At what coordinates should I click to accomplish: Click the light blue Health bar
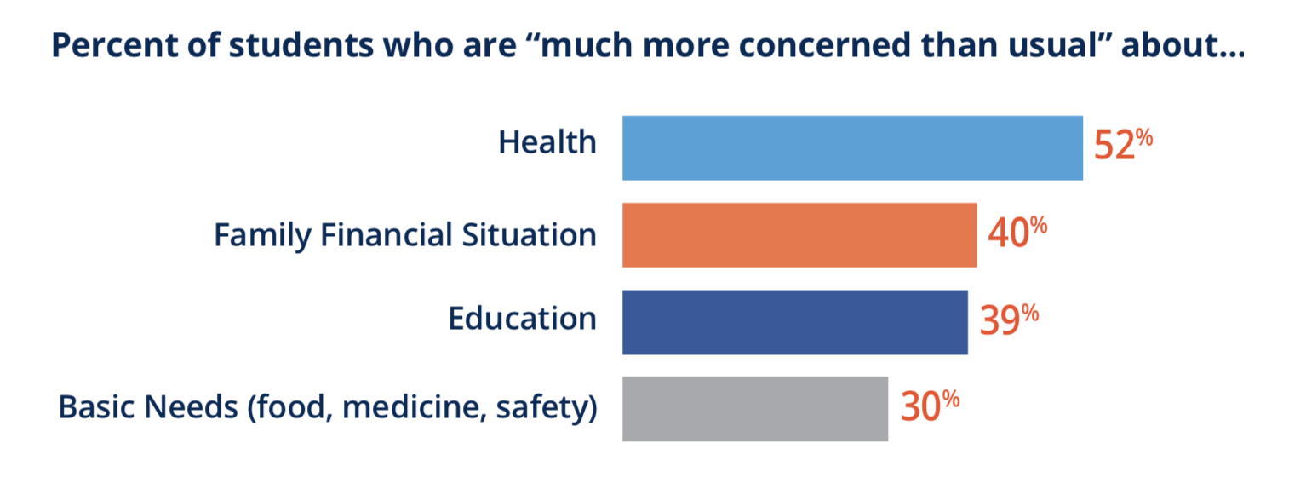coord(852,147)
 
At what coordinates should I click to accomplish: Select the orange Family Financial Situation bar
coord(799,235)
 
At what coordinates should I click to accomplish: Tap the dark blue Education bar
coord(794,322)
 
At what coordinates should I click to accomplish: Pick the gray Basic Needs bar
coord(755,409)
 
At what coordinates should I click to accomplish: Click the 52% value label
coord(1123,144)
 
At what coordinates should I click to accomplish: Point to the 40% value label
coord(1017,232)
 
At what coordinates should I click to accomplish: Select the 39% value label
coord(1009,319)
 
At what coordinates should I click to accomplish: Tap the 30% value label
coord(930,406)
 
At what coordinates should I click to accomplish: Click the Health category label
coord(547,141)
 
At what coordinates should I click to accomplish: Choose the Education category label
coord(523,319)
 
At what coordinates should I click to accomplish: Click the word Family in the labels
coord(262,236)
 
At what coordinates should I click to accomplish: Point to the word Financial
coord(386,234)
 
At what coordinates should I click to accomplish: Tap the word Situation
coord(530,234)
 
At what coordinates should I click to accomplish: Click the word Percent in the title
coord(115,45)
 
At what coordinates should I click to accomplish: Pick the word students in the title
coord(301,45)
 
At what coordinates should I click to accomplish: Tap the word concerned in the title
coord(824,45)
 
